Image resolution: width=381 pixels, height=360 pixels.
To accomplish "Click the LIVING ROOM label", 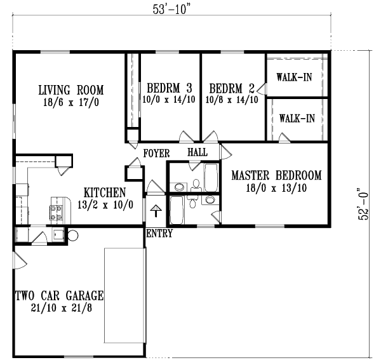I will pyautogui.click(x=70, y=90).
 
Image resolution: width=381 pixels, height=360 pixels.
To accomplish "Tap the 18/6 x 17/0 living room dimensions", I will pyautogui.click(x=70, y=101).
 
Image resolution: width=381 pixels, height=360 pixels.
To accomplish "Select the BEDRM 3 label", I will pyautogui.click(x=170, y=87).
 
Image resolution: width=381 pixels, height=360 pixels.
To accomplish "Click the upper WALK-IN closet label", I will pyautogui.click(x=295, y=78).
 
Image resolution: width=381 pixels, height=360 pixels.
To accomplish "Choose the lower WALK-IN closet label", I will pyautogui.click(x=297, y=118).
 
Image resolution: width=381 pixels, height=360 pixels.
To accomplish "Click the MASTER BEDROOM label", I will pyautogui.click(x=276, y=175).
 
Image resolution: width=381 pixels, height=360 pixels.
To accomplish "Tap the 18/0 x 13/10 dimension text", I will pyautogui.click(x=276, y=187).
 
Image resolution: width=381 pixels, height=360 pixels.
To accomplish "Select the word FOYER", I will pyautogui.click(x=156, y=154).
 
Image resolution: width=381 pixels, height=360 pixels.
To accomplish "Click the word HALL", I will pyautogui.click(x=197, y=153).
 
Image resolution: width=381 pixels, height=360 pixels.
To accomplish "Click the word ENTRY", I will pyautogui.click(x=159, y=234).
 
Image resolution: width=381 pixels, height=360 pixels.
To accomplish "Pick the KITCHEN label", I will pyautogui.click(x=105, y=192).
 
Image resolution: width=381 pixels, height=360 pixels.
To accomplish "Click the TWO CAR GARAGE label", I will pyautogui.click(x=58, y=296).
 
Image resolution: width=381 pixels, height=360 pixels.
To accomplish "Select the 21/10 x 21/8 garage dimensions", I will pyautogui.click(x=58, y=307).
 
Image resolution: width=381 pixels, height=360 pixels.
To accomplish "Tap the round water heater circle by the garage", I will pyautogui.click(x=72, y=235).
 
